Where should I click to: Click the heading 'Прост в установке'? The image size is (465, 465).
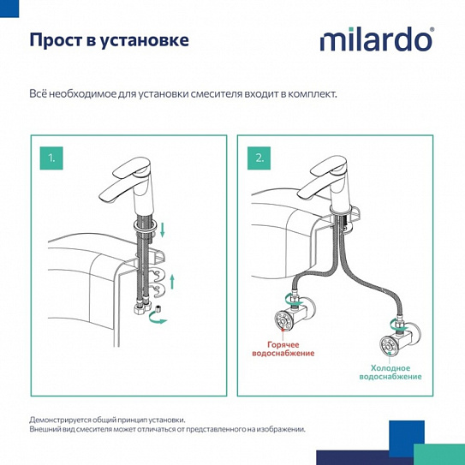click(110, 40)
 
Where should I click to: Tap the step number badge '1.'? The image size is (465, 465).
click(51, 158)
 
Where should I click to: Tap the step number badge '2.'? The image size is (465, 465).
click(259, 158)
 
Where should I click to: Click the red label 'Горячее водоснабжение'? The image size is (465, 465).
click(283, 349)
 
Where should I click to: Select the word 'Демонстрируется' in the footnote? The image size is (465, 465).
click(65, 420)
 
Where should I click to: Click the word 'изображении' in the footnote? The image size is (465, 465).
click(278, 429)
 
